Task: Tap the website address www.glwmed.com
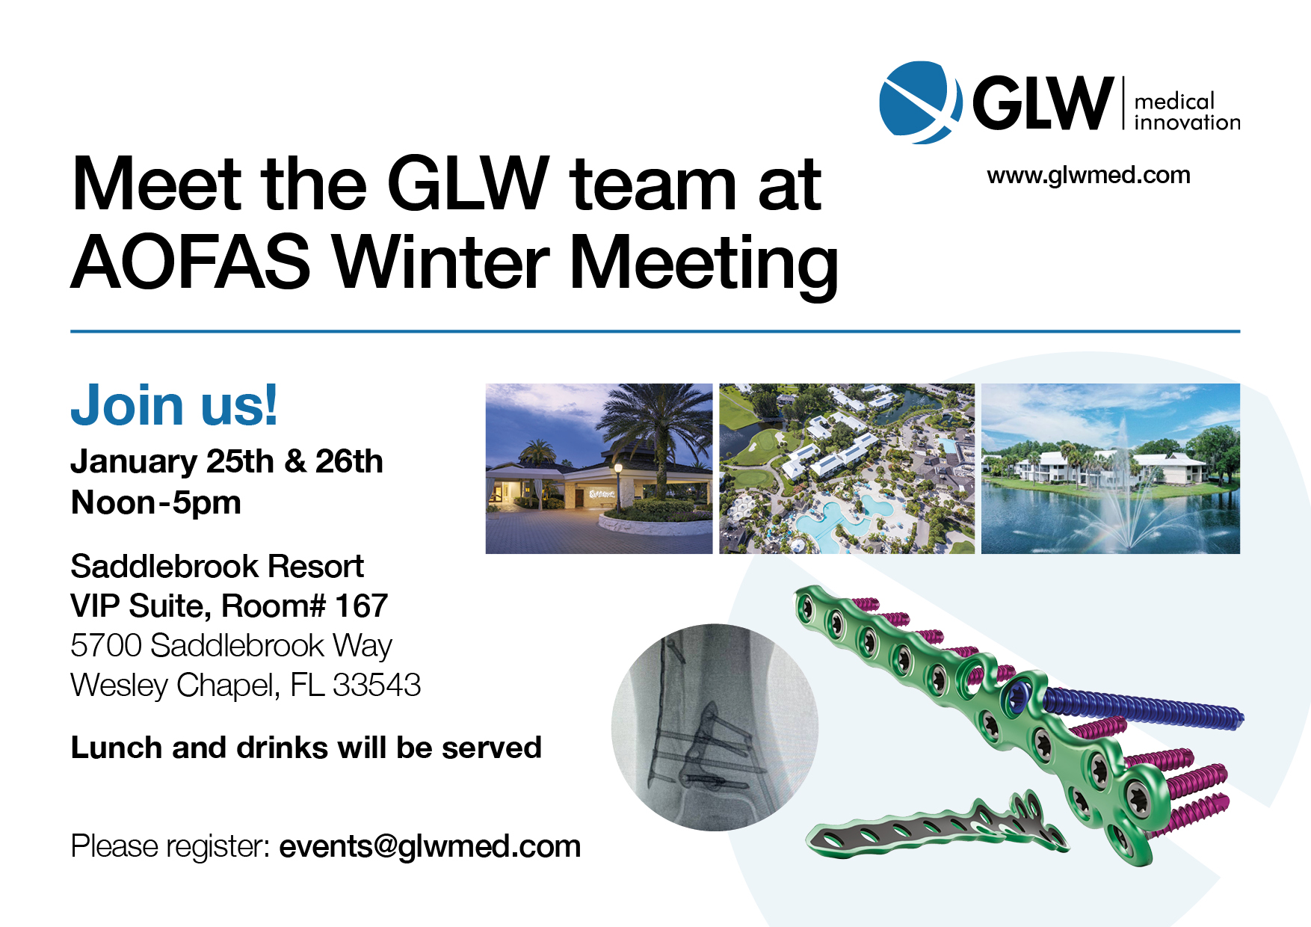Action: [x=1088, y=175]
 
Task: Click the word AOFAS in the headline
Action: [x=190, y=262]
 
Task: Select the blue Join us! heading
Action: [x=174, y=405]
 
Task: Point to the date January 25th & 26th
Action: [x=226, y=462]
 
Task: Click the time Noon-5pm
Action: [x=155, y=503]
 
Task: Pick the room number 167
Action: [x=361, y=606]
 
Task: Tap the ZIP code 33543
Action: [x=377, y=685]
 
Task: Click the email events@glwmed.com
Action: [x=430, y=846]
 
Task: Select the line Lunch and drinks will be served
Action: [x=306, y=748]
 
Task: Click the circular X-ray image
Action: [x=715, y=727]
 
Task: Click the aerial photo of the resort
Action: [x=846, y=468]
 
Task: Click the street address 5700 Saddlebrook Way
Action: [x=231, y=646]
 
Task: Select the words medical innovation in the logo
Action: [x=1186, y=112]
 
